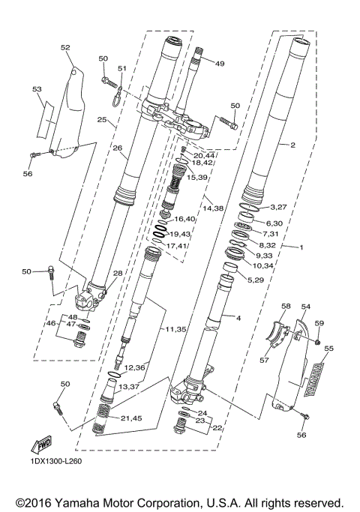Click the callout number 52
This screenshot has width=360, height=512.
[x=65, y=47]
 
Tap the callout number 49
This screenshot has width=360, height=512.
[x=220, y=64]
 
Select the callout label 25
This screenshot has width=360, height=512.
[x=101, y=120]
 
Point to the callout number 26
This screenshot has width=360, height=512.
[x=117, y=148]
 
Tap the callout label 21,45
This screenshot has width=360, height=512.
[x=131, y=418]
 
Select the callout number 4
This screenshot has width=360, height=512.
[x=238, y=318]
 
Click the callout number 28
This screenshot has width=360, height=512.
[x=117, y=274]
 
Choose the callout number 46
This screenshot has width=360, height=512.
[x=52, y=323]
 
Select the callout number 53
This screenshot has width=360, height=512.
[x=37, y=89]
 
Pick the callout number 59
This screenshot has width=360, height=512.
[x=319, y=323]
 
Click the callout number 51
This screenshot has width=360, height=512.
[x=121, y=69]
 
